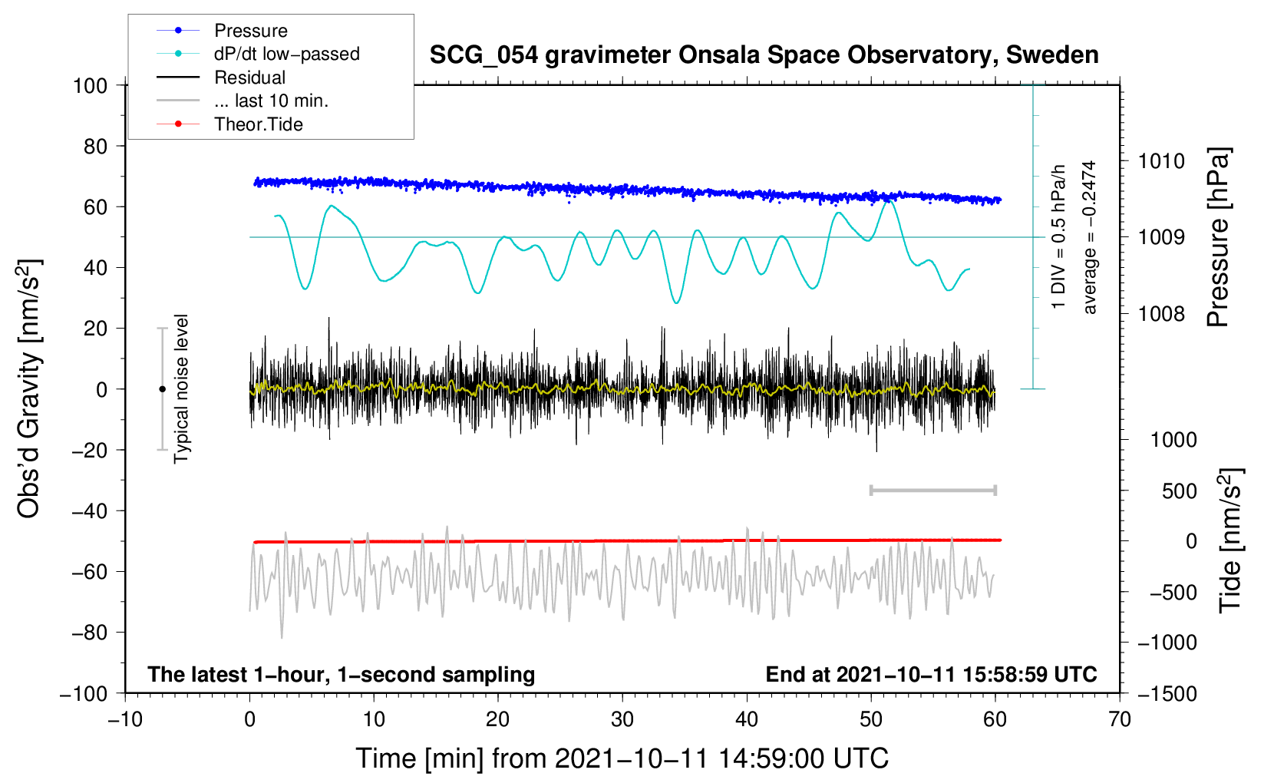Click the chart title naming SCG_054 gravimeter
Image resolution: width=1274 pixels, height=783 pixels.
click(764, 55)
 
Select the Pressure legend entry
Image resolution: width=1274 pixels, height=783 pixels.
click(250, 31)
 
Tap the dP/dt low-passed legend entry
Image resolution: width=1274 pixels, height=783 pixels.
click(286, 54)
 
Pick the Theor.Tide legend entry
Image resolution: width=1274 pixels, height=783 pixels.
click(258, 124)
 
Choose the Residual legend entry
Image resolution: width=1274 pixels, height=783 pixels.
click(249, 78)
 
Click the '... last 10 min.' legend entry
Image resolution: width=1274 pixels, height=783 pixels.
click(271, 101)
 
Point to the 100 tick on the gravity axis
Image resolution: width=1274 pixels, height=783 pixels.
click(90, 85)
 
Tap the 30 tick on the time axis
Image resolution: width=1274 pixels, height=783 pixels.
click(622, 720)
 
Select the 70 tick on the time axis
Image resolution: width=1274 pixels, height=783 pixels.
click(1120, 720)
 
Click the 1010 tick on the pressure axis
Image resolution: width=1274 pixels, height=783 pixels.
click(1161, 161)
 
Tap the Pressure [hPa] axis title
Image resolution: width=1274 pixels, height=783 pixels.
click(1219, 238)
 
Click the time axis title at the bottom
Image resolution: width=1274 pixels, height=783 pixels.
click(622, 758)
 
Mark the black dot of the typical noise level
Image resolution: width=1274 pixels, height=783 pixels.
click(162, 389)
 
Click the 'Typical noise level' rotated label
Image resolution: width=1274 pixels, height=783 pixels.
click(181, 388)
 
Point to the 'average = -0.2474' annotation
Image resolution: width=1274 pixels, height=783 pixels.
click(1089, 237)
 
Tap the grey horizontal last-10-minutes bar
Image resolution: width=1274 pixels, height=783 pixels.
click(932, 490)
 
